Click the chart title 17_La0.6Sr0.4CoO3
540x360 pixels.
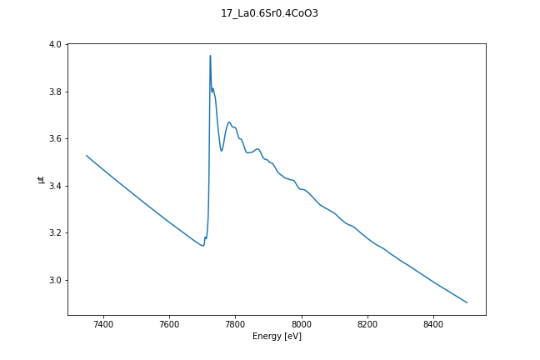point(270,13)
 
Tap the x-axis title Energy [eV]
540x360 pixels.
point(277,337)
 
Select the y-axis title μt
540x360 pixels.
point(40,179)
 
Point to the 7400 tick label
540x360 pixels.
point(103,323)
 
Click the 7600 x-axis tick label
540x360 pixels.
point(169,323)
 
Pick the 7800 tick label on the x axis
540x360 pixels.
point(235,323)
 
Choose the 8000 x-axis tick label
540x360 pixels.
point(302,323)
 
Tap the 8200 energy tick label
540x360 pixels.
point(367,323)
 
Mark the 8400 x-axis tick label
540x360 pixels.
point(433,323)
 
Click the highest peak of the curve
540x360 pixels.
point(210,56)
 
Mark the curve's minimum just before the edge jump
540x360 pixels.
point(202,246)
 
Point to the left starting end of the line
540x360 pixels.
point(87,155)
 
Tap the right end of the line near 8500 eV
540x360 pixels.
point(467,302)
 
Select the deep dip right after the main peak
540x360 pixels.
point(222,151)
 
